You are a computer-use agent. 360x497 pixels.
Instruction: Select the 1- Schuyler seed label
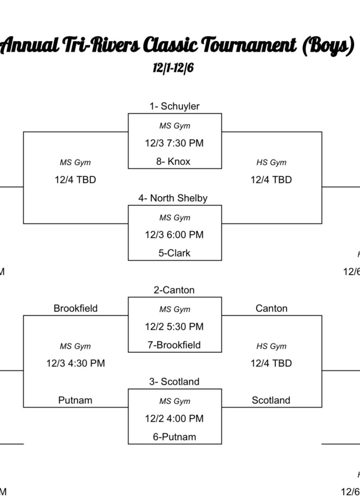tap(174, 106)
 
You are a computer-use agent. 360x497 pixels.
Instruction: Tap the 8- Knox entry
tap(173, 162)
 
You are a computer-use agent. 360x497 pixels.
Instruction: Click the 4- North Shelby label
tap(173, 198)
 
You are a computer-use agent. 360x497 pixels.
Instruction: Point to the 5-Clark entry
tap(174, 253)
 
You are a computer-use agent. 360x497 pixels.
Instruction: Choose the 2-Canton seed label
tap(174, 290)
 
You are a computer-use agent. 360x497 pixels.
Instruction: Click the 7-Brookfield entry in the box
tap(174, 345)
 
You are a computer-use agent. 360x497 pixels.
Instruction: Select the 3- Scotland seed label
tap(174, 382)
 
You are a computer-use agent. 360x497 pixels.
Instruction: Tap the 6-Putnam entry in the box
tap(175, 437)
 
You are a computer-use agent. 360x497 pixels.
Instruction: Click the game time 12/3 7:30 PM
tap(174, 143)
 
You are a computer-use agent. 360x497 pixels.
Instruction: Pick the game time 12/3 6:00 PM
tap(174, 235)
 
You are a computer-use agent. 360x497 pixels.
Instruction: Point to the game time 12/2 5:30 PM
tap(174, 327)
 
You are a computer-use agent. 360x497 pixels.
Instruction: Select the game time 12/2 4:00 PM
tap(174, 418)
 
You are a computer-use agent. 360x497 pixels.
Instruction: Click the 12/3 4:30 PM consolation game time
tap(76, 363)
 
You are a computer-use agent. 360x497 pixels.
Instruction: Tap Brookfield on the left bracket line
tap(76, 308)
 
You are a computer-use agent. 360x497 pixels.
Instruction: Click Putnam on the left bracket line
tap(75, 400)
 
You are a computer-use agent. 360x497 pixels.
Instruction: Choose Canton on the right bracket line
tap(271, 308)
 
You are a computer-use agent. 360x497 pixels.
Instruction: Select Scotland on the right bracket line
tap(271, 400)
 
